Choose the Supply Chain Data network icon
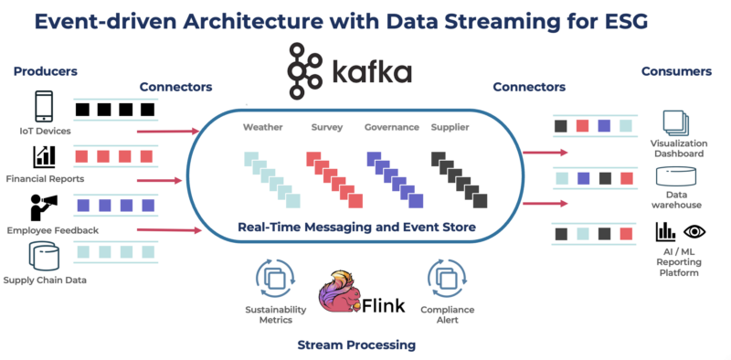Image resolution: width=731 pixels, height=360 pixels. (44, 256)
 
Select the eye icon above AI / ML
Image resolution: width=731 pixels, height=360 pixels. (694, 231)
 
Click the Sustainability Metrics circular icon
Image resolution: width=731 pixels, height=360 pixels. (274, 277)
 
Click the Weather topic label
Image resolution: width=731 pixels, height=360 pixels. (262, 127)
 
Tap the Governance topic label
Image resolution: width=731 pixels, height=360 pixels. (391, 127)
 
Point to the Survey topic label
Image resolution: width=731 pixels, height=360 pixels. (326, 127)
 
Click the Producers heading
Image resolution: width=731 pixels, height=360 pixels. (46, 71)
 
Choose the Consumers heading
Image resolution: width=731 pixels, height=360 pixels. (677, 71)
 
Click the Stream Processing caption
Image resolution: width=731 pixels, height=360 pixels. (356, 344)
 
